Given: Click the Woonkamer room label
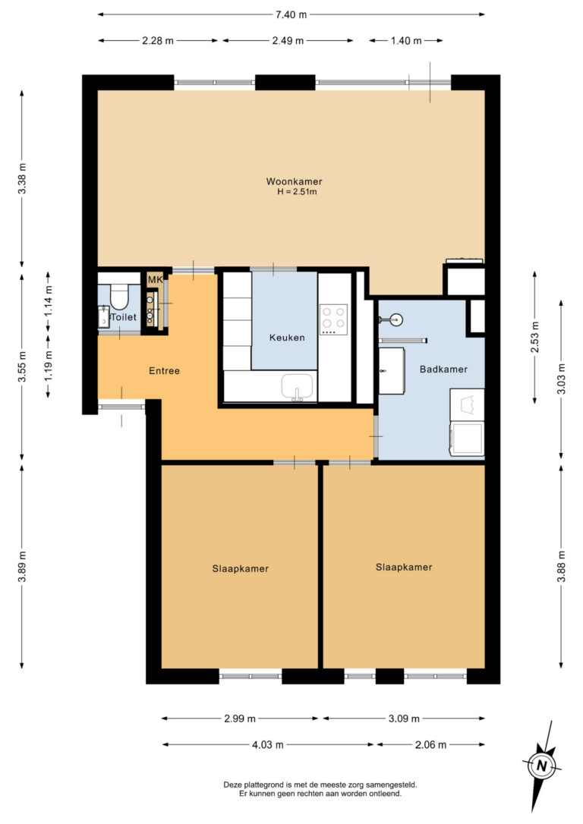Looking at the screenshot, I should (x=294, y=181).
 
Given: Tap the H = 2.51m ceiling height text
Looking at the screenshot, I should (x=296, y=192).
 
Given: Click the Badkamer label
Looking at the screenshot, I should (x=443, y=369).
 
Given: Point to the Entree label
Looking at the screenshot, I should (x=164, y=371).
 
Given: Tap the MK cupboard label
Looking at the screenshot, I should (x=155, y=281).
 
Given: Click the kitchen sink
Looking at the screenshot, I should (x=298, y=386).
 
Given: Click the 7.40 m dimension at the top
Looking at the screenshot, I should (x=291, y=14).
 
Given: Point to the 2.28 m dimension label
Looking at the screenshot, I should (x=158, y=41).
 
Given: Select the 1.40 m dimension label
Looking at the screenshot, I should (x=406, y=41).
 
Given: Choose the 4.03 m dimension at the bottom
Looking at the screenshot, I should (x=268, y=745).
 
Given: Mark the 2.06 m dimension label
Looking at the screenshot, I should (x=430, y=745).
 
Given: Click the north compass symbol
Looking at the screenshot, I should (x=541, y=765).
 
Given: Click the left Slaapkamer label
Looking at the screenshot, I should (x=240, y=568).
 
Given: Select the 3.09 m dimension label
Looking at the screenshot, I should (x=403, y=719).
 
